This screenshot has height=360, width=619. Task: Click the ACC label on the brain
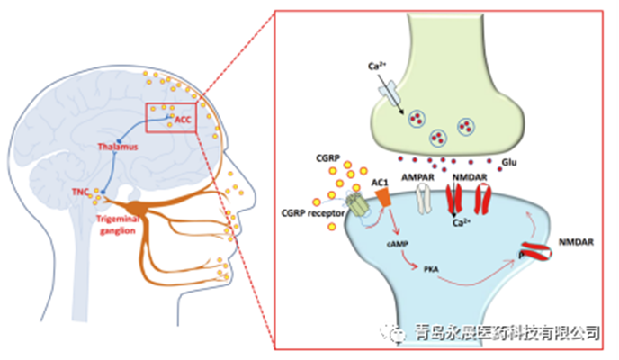[184, 119]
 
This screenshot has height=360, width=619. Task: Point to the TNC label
[82, 192]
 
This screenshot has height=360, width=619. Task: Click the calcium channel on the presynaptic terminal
[388, 92]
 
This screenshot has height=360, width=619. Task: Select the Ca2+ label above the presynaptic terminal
[380, 67]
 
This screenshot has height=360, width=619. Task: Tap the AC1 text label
[381, 183]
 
